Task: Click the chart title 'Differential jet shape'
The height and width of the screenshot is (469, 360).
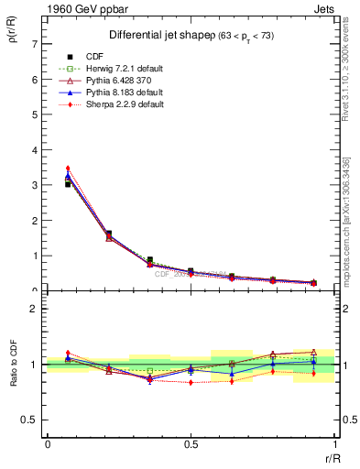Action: (151, 35)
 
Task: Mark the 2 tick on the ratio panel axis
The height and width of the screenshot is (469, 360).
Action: (34, 310)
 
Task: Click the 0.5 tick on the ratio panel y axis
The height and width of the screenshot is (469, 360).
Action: (30, 420)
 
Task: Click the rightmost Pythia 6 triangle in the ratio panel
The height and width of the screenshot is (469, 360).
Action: (313, 352)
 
